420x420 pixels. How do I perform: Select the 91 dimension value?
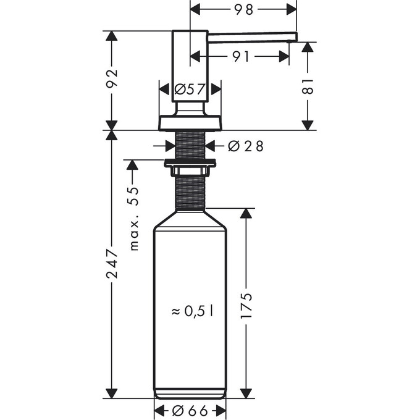click(x=241, y=57)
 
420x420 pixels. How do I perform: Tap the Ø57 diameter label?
click(x=189, y=90)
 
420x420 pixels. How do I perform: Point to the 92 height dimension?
click(x=112, y=80)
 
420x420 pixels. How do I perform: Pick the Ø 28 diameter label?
click(x=245, y=146)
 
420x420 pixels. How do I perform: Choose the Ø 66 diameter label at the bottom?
click(x=190, y=410)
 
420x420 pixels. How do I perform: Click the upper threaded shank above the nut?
click(x=190, y=145)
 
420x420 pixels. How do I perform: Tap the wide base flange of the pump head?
click(x=190, y=122)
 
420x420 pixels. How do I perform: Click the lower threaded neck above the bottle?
click(x=190, y=192)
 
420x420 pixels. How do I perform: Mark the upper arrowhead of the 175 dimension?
click(x=246, y=214)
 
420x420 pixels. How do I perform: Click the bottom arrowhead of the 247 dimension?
click(x=112, y=393)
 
